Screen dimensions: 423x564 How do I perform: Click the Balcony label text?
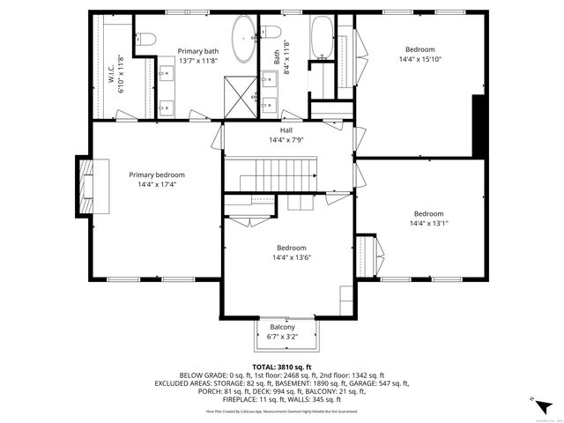click(282, 327)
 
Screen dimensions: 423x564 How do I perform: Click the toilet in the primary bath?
click(145, 37)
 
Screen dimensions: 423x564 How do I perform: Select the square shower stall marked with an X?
click(236, 92)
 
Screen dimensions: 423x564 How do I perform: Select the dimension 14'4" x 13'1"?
click(428, 224)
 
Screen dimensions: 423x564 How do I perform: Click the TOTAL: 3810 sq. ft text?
click(282, 367)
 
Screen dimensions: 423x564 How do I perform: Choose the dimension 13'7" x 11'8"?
click(197, 61)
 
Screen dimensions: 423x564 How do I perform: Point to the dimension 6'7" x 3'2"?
click(282, 336)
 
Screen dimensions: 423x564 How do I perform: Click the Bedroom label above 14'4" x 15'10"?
click(419, 49)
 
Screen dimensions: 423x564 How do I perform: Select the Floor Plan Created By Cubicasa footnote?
click(282, 411)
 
